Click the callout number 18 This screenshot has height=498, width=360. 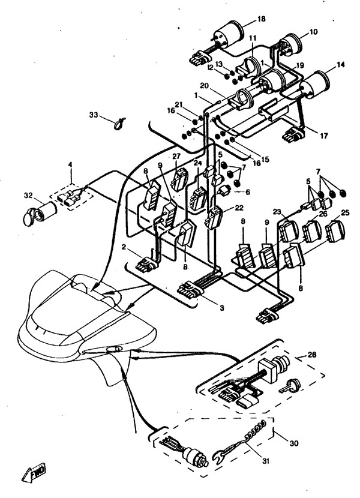pos(261,19)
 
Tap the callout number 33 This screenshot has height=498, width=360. pos(94,115)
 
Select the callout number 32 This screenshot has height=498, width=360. pos(28,196)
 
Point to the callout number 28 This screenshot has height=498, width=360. pos(313,354)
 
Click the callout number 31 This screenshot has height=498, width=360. pos(266,461)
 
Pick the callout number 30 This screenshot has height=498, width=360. pos(294,442)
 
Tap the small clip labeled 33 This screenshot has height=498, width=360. pos(119,123)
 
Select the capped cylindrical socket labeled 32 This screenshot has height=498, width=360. pos(40,213)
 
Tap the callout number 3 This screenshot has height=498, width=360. pos(222,308)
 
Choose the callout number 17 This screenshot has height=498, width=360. pos(323,136)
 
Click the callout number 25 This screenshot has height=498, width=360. pos(345,212)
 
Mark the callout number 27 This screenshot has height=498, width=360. pos(176,156)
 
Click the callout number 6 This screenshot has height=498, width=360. pos(248,192)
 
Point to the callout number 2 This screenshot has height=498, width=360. pos(125,247)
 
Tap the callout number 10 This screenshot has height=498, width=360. pos(313,32)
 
